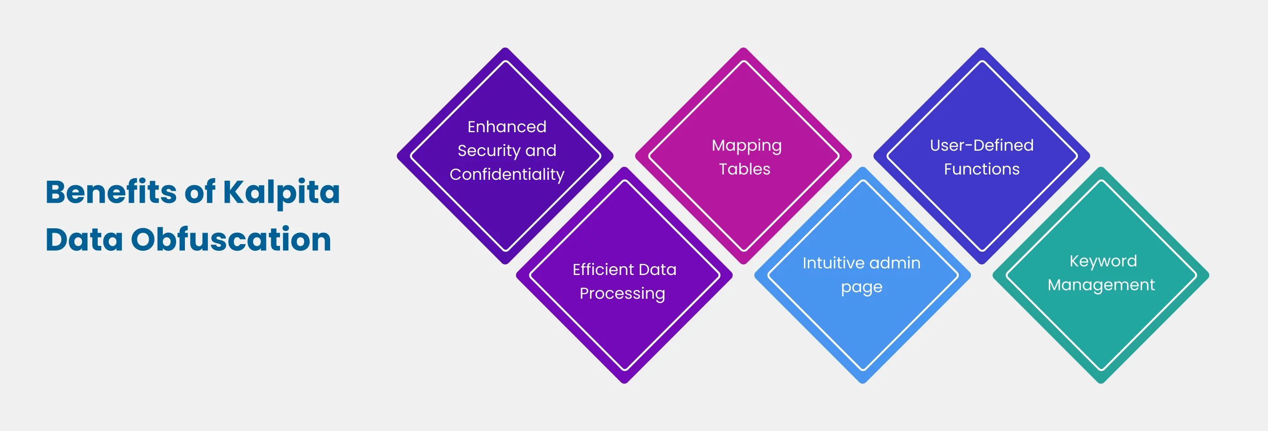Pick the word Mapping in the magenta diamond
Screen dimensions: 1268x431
746,146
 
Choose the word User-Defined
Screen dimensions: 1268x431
981,145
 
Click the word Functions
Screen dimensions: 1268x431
981,169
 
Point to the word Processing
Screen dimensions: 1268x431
622,294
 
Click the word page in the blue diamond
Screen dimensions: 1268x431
862,288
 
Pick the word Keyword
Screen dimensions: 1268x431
1103,261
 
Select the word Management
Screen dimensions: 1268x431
1101,285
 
